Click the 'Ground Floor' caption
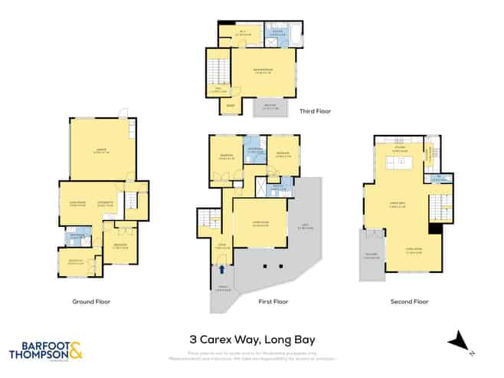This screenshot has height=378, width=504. (91, 301)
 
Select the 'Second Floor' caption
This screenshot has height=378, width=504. (408, 301)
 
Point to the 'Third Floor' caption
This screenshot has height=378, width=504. (314, 111)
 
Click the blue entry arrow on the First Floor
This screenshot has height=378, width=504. (222, 269)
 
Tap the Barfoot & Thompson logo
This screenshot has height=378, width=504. (45, 351)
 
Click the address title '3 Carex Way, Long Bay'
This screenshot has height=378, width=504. (252, 338)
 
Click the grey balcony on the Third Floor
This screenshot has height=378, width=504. (270, 107)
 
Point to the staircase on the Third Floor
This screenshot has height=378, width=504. (218, 75)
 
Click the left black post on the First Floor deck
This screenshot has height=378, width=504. (263, 266)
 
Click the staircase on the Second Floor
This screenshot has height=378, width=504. (440, 205)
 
